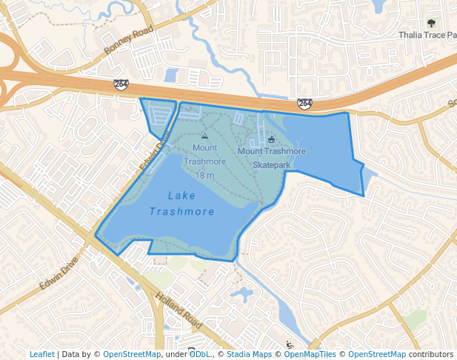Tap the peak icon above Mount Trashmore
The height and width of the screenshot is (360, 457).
(204, 136)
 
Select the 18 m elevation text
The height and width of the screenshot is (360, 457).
(204, 176)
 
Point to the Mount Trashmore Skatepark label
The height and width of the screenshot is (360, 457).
(271, 158)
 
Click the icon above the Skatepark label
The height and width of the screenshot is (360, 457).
(271, 139)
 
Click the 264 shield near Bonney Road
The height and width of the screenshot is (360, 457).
(120, 84)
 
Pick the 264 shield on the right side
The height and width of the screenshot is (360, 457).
(304, 104)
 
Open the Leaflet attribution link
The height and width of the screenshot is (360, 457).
(41, 355)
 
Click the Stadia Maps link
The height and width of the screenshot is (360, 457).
(249, 355)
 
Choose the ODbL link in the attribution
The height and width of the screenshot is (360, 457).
(199, 355)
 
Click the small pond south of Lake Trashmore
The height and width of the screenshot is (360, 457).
(241, 294)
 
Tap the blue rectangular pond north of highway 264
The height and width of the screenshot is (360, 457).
(171, 76)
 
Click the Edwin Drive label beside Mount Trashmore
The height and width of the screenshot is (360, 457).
(154, 152)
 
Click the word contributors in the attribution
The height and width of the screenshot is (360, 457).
(430, 355)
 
